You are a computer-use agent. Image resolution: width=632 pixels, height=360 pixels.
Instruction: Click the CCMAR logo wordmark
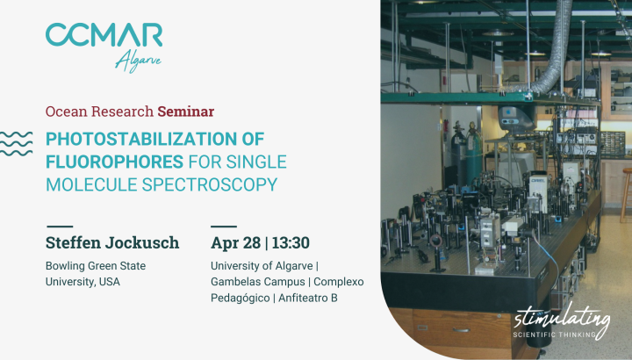point(104,34)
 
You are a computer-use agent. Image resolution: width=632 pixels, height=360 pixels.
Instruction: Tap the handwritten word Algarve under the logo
point(139,61)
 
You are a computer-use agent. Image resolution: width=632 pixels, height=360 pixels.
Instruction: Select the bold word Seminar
point(186,112)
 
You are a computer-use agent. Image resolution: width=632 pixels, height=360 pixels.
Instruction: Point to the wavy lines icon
point(16,143)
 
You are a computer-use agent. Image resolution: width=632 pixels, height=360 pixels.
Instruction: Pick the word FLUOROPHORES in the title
point(114,162)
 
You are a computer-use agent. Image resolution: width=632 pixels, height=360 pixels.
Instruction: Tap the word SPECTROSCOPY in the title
point(210,184)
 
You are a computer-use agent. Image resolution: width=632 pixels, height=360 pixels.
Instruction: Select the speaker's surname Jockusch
point(142,242)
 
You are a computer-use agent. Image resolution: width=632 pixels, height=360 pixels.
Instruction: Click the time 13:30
point(291,242)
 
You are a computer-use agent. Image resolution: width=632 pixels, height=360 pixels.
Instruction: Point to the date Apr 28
point(236,243)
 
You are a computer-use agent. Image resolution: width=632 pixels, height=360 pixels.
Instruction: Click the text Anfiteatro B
point(308,298)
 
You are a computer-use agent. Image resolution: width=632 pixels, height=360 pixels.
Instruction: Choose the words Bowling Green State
point(96,266)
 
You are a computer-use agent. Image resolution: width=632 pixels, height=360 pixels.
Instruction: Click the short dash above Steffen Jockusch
point(60,227)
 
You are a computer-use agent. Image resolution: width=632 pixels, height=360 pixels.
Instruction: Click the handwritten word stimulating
point(562,320)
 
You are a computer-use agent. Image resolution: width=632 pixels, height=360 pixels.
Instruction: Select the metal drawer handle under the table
point(461,330)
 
